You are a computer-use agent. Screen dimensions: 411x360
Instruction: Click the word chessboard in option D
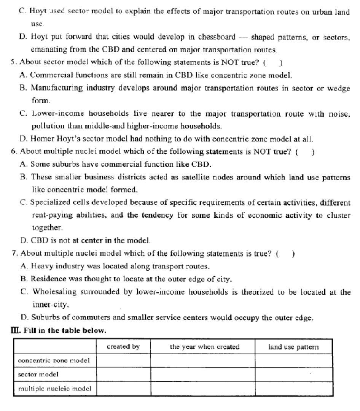[218, 37]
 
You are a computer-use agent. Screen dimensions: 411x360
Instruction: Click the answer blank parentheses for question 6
[306, 152]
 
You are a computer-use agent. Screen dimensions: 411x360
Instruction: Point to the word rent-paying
[51, 215]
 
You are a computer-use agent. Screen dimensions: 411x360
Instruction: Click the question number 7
[13, 253]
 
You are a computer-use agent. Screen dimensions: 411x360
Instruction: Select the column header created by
[123, 347]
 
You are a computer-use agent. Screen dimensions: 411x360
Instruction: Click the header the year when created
[204, 347]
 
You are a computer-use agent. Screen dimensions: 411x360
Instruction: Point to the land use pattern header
[293, 347]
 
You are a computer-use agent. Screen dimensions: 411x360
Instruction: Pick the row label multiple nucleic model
[55, 389]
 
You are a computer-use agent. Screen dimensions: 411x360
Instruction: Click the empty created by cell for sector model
[123, 375]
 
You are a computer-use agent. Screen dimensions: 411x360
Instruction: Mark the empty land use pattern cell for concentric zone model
[293, 360]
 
